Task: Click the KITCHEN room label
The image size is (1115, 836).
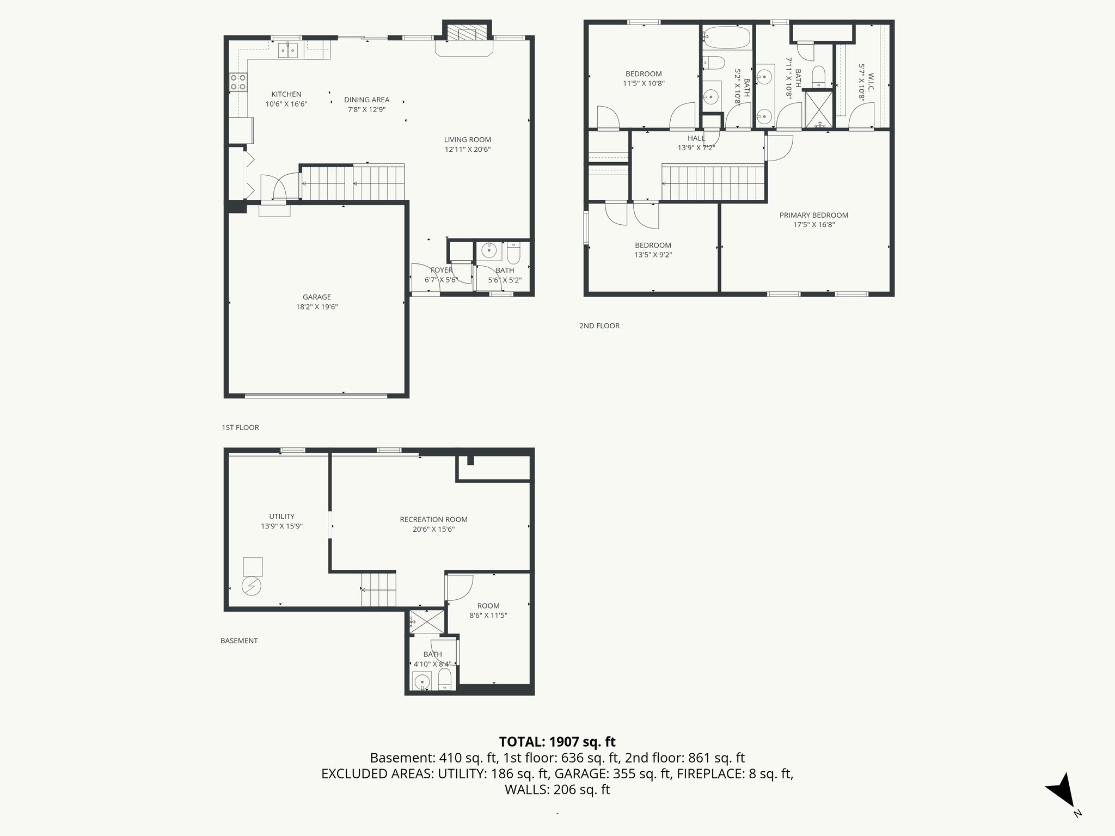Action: [x=286, y=94]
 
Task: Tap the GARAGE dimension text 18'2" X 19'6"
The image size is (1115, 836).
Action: [x=317, y=306]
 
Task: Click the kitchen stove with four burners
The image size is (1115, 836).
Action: [x=238, y=82]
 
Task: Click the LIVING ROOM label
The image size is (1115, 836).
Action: [x=467, y=140]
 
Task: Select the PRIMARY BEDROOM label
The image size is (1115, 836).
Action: [x=813, y=215]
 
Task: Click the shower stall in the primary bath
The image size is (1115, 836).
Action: [x=819, y=109]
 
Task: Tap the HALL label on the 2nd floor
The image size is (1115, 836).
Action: [x=696, y=138]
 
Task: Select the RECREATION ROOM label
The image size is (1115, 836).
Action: [x=433, y=519]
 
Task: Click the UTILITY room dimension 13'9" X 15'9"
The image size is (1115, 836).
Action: [x=281, y=526]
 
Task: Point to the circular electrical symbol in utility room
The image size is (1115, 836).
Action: [x=252, y=586]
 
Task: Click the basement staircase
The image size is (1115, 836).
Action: [x=378, y=590]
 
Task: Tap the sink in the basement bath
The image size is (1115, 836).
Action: [x=421, y=681]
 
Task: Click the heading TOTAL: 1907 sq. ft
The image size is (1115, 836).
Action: [x=557, y=741]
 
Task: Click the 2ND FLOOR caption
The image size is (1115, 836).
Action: [x=599, y=326]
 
